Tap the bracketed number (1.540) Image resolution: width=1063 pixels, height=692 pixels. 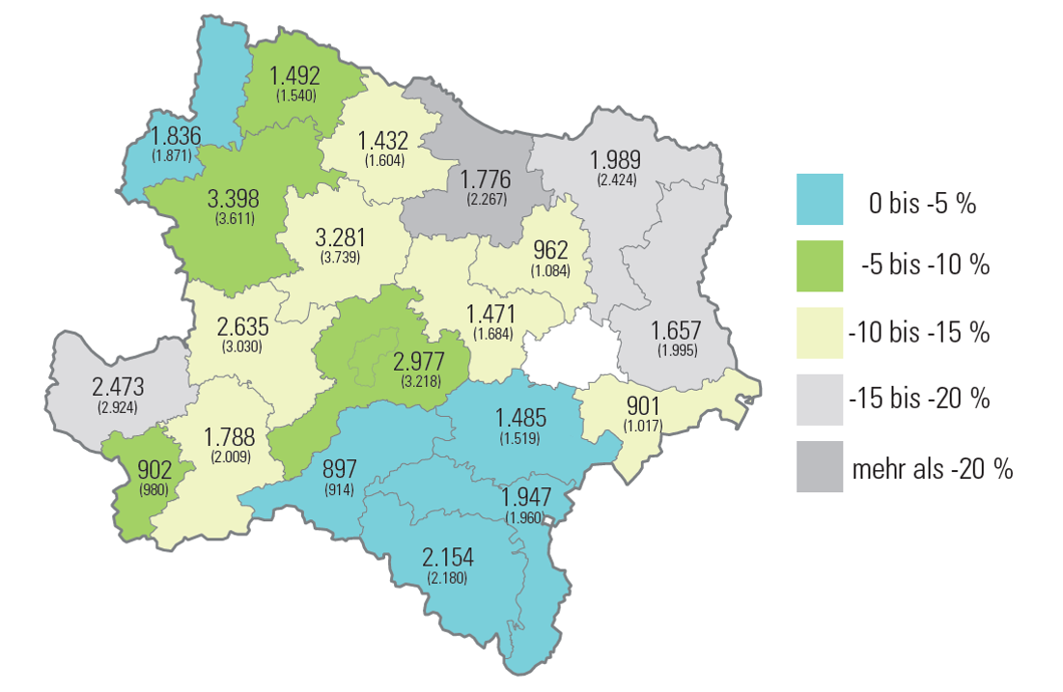(x=296, y=97)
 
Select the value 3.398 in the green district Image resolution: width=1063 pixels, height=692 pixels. (x=233, y=200)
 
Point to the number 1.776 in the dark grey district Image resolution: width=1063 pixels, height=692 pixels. (x=485, y=180)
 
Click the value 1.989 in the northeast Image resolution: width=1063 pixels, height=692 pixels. (x=616, y=160)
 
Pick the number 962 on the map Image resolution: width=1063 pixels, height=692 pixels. (x=550, y=251)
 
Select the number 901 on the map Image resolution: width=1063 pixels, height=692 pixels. (x=643, y=405)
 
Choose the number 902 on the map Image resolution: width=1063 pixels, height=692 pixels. (x=154, y=471)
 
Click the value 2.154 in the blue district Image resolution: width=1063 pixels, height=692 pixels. (x=447, y=558)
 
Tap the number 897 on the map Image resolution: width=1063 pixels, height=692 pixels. (x=339, y=470)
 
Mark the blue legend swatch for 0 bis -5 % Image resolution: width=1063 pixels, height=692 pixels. (x=819, y=199)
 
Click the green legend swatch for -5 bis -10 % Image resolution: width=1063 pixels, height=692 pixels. (x=819, y=265)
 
